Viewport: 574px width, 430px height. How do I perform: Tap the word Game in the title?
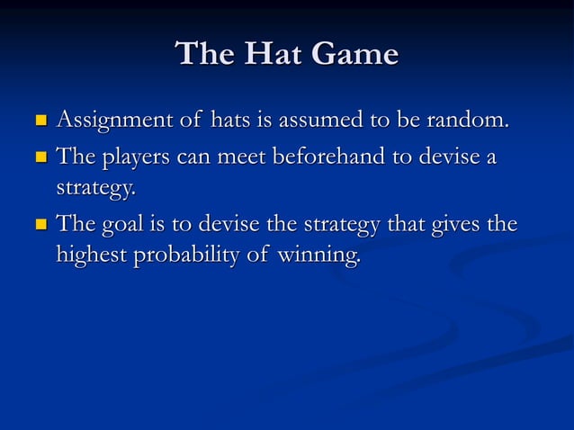(354, 54)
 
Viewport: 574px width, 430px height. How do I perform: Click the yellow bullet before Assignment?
(40, 120)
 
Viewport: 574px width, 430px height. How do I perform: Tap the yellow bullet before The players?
(40, 158)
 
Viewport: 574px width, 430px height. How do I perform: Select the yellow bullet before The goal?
(40, 225)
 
